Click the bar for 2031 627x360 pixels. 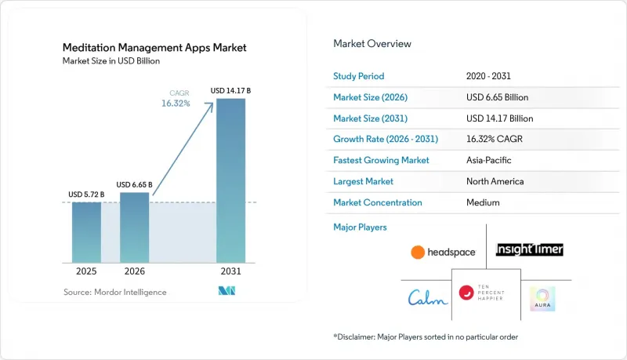[230, 181]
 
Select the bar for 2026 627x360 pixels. [134, 227]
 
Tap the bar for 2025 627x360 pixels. [86, 232]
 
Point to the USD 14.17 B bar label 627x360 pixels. [230, 91]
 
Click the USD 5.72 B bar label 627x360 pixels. [86, 195]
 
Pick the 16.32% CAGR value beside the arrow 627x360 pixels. [176, 104]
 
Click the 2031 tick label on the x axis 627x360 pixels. [230, 271]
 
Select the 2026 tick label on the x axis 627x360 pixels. [134, 271]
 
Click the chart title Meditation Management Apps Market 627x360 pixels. [154, 48]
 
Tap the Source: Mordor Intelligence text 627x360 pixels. [114, 292]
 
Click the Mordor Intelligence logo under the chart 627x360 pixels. [227, 291]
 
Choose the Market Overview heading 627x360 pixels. [372, 44]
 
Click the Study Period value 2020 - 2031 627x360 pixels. [488, 76]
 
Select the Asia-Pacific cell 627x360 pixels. [488, 160]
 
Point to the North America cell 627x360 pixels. [495, 181]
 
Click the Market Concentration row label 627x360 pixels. [378, 202]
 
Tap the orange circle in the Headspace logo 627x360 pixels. [418, 252]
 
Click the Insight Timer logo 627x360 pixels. [530, 249]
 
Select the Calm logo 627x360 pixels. [427, 298]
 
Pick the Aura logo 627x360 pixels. [542, 299]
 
